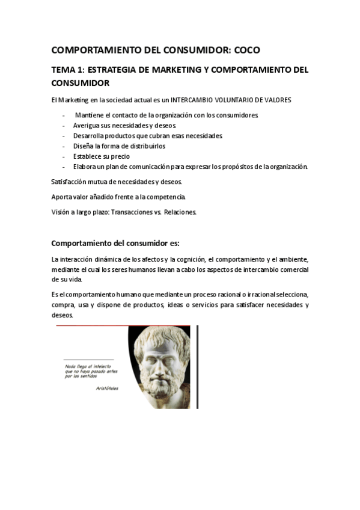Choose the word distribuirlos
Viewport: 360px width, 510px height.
point(144,146)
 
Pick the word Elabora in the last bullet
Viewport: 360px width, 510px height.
point(85,166)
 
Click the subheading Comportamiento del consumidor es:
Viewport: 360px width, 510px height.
point(115,243)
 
